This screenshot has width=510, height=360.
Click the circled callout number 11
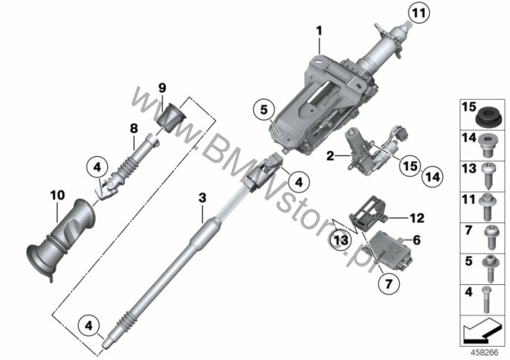(419, 13)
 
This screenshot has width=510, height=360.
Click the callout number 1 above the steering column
(319, 31)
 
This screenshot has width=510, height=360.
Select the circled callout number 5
(263, 110)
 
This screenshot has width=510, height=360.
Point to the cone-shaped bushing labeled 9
(171, 117)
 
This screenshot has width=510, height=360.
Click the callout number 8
(134, 129)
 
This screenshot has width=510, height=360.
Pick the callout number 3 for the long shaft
(202, 198)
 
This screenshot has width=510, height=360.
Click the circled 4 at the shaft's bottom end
(88, 325)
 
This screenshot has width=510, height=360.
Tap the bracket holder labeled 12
(368, 213)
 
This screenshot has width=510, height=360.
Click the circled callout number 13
(340, 240)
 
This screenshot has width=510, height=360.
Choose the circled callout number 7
(389, 284)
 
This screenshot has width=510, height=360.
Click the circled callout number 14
(433, 177)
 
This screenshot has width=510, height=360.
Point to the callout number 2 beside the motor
(330, 156)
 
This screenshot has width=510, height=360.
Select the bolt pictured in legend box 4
(486, 300)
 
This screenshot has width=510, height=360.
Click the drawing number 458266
(485, 353)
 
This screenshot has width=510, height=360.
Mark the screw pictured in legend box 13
(486, 175)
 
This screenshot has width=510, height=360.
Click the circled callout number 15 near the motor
(410, 165)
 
